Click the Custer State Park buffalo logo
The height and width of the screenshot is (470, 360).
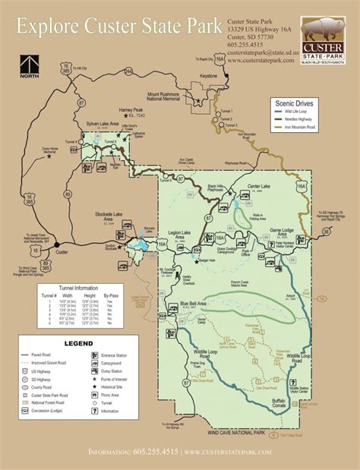[323, 40]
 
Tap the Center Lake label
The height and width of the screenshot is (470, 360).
[259, 186]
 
